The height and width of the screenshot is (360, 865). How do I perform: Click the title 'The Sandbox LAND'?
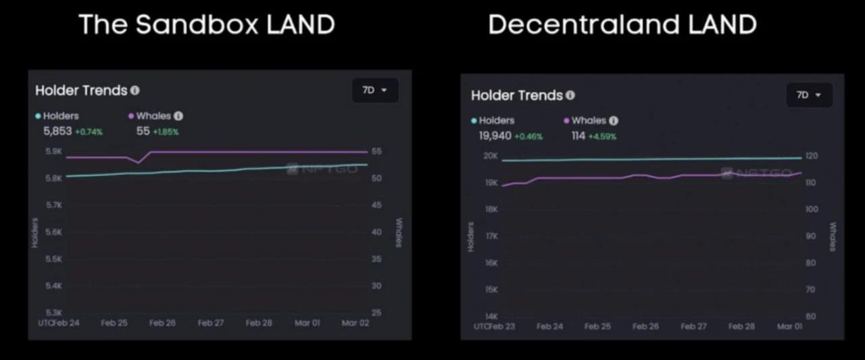207,25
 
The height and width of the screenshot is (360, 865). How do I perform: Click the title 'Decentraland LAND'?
622,25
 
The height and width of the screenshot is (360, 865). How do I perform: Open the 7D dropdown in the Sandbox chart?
374,90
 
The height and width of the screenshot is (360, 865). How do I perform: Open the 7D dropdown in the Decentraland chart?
808,95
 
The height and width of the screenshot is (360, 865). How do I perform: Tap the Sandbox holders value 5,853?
57,131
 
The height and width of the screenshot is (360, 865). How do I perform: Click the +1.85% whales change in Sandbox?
166,132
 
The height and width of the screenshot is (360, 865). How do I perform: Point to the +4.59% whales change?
603,136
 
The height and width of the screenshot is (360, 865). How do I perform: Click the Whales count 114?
578,136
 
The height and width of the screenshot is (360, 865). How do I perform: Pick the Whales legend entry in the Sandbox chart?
153,116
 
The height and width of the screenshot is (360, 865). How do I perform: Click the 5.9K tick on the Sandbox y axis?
53,151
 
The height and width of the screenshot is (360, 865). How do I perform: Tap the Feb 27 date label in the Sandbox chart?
210,323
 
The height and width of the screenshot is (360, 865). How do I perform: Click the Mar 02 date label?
355,323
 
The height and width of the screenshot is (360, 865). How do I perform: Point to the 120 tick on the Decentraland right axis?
811,156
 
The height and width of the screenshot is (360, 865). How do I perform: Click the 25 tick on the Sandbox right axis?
376,313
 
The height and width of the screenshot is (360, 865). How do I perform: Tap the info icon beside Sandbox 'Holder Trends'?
135,90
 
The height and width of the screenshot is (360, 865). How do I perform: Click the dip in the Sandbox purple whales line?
139,163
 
